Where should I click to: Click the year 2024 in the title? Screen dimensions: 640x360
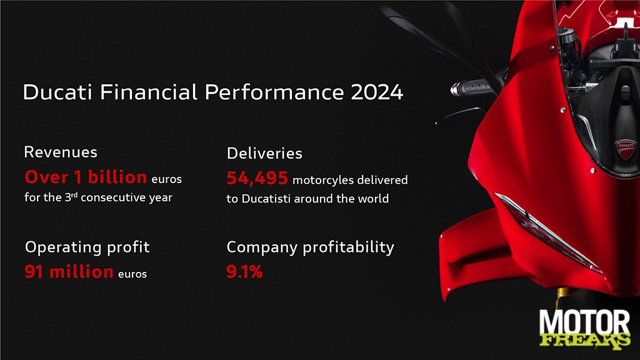point(377,92)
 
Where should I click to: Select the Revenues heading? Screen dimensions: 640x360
point(61,152)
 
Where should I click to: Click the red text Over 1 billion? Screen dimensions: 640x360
point(86,177)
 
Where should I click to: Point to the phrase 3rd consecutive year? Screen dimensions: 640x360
point(119,197)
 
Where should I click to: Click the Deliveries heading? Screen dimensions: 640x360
point(264,154)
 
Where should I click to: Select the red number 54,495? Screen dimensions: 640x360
point(257,178)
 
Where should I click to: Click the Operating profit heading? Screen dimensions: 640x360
point(87,247)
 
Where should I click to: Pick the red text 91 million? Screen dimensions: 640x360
point(69,272)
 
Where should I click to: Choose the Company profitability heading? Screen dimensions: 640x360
point(310,247)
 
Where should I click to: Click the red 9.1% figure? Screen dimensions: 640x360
point(244,272)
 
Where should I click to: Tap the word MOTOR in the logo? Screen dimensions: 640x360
point(584,323)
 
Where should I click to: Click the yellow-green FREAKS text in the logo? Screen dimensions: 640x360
point(585,340)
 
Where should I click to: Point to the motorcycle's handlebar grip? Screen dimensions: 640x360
point(470,87)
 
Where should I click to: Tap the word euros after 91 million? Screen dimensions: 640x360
point(132,274)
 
